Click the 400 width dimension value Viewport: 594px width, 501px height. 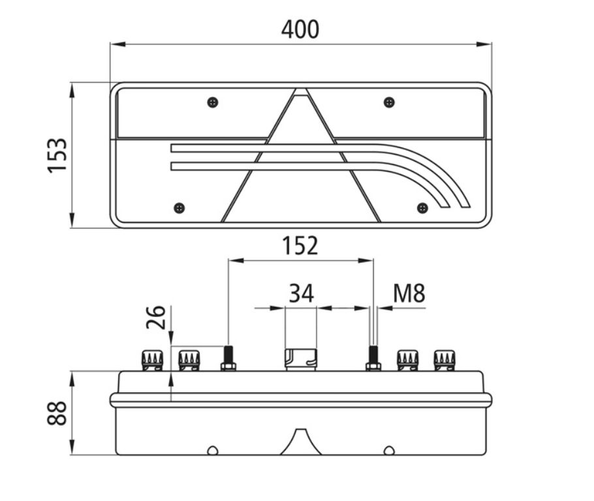pos(300,29)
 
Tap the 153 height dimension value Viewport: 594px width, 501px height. pos(57,156)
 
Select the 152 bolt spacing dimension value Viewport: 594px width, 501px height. pos(300,245)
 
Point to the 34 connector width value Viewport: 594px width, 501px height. pos(302,293)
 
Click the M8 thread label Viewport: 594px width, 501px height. pos(409,293)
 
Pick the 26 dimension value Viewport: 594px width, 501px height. pos(156,317)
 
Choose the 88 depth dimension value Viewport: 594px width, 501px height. pos(57,413)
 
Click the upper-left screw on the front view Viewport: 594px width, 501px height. pos(213,102)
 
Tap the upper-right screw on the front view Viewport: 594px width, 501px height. pos(389,102)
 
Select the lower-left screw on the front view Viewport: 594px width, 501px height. pos(180,208)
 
